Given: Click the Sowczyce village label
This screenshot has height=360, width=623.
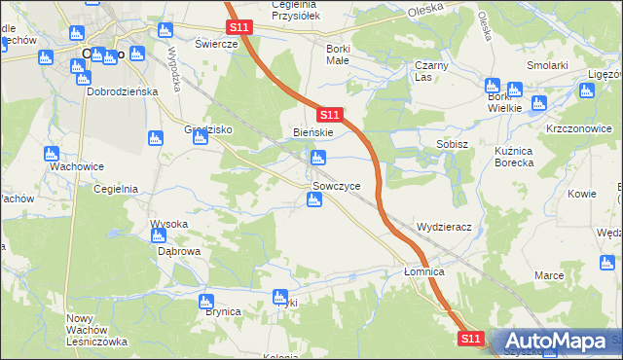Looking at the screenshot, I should click(x=337, y=186).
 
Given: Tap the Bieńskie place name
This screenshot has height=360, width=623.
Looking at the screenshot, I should click(x=313, y=131).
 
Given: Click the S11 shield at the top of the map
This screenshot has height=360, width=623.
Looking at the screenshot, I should click(x=240, y=28).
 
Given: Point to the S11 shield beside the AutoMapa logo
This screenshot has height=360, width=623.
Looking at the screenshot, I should click(x=471, y=338).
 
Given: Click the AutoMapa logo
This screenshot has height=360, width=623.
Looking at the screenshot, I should click(x=554, y=342).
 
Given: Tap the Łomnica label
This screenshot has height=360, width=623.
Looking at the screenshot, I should click(x=424, y=272).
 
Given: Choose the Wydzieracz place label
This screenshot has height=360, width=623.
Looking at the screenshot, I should click(x=444, y=227).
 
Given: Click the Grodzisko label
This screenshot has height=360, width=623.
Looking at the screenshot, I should click(x=204, y=129).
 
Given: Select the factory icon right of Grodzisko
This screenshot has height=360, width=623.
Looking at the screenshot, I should click(x=201, y=138).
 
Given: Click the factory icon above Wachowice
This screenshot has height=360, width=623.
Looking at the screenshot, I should click(x=52, y=153).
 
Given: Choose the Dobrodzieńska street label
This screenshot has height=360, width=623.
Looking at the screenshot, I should click(x=123, y=90).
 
